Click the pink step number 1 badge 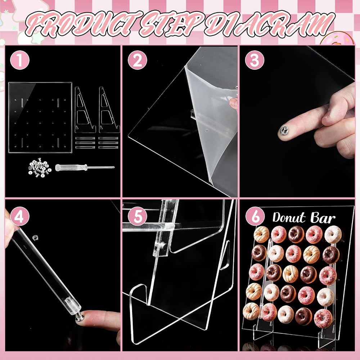pyautogui.click(x=20, y=60)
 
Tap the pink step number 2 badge pyautogui.click(x=137, y=60)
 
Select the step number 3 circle pyautogui.click(x=255, y=60)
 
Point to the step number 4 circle pyautogui.click(x=20, y=216)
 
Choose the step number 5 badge pyautogui.click(x=137, y=216)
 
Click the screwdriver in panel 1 pyautogui.click(x=85, y=167)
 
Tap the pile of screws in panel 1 pyautogui.click(x=40, y=168)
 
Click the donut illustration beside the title pyautogui.click(x=339, y=38)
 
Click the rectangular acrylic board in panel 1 pyautogui.click(x=40, y=117)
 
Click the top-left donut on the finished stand pyautogui.click(x=261, y=234)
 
